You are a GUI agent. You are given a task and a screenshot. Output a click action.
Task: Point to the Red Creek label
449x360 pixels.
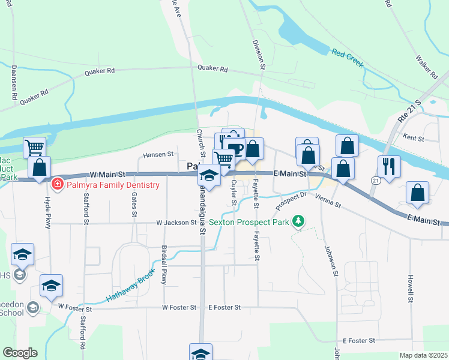[x=348, y=58]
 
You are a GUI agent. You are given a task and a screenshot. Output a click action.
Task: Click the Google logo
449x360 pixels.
[x=20, y=353]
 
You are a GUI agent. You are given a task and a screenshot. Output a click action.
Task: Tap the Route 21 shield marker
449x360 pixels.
[x=375, y=180]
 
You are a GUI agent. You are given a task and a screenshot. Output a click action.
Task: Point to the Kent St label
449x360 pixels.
[x=414, y=138]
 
